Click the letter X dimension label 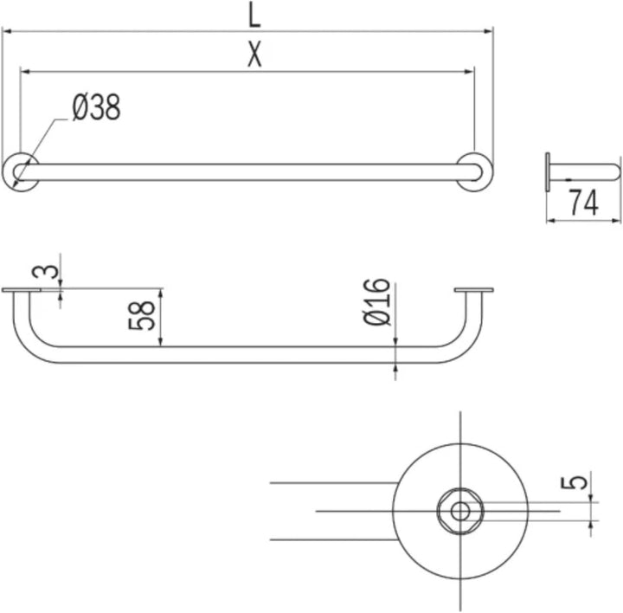coord(254,54)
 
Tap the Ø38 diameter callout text coord(96,107)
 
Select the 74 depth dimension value coord(584,203)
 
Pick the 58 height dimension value coord(141,316)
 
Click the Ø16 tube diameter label coord(376,302)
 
